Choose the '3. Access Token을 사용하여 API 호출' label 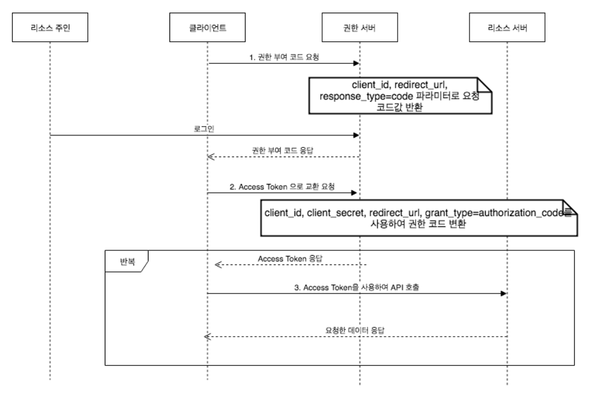tap(356, 287)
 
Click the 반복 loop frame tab tap(126, 261)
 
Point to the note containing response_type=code tap(400, 95)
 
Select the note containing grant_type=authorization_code tap(417, 217)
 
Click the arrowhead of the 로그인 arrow tap(356, 135)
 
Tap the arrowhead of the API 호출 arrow tap(504, 293)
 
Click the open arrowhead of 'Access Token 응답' tap(218, 264)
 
